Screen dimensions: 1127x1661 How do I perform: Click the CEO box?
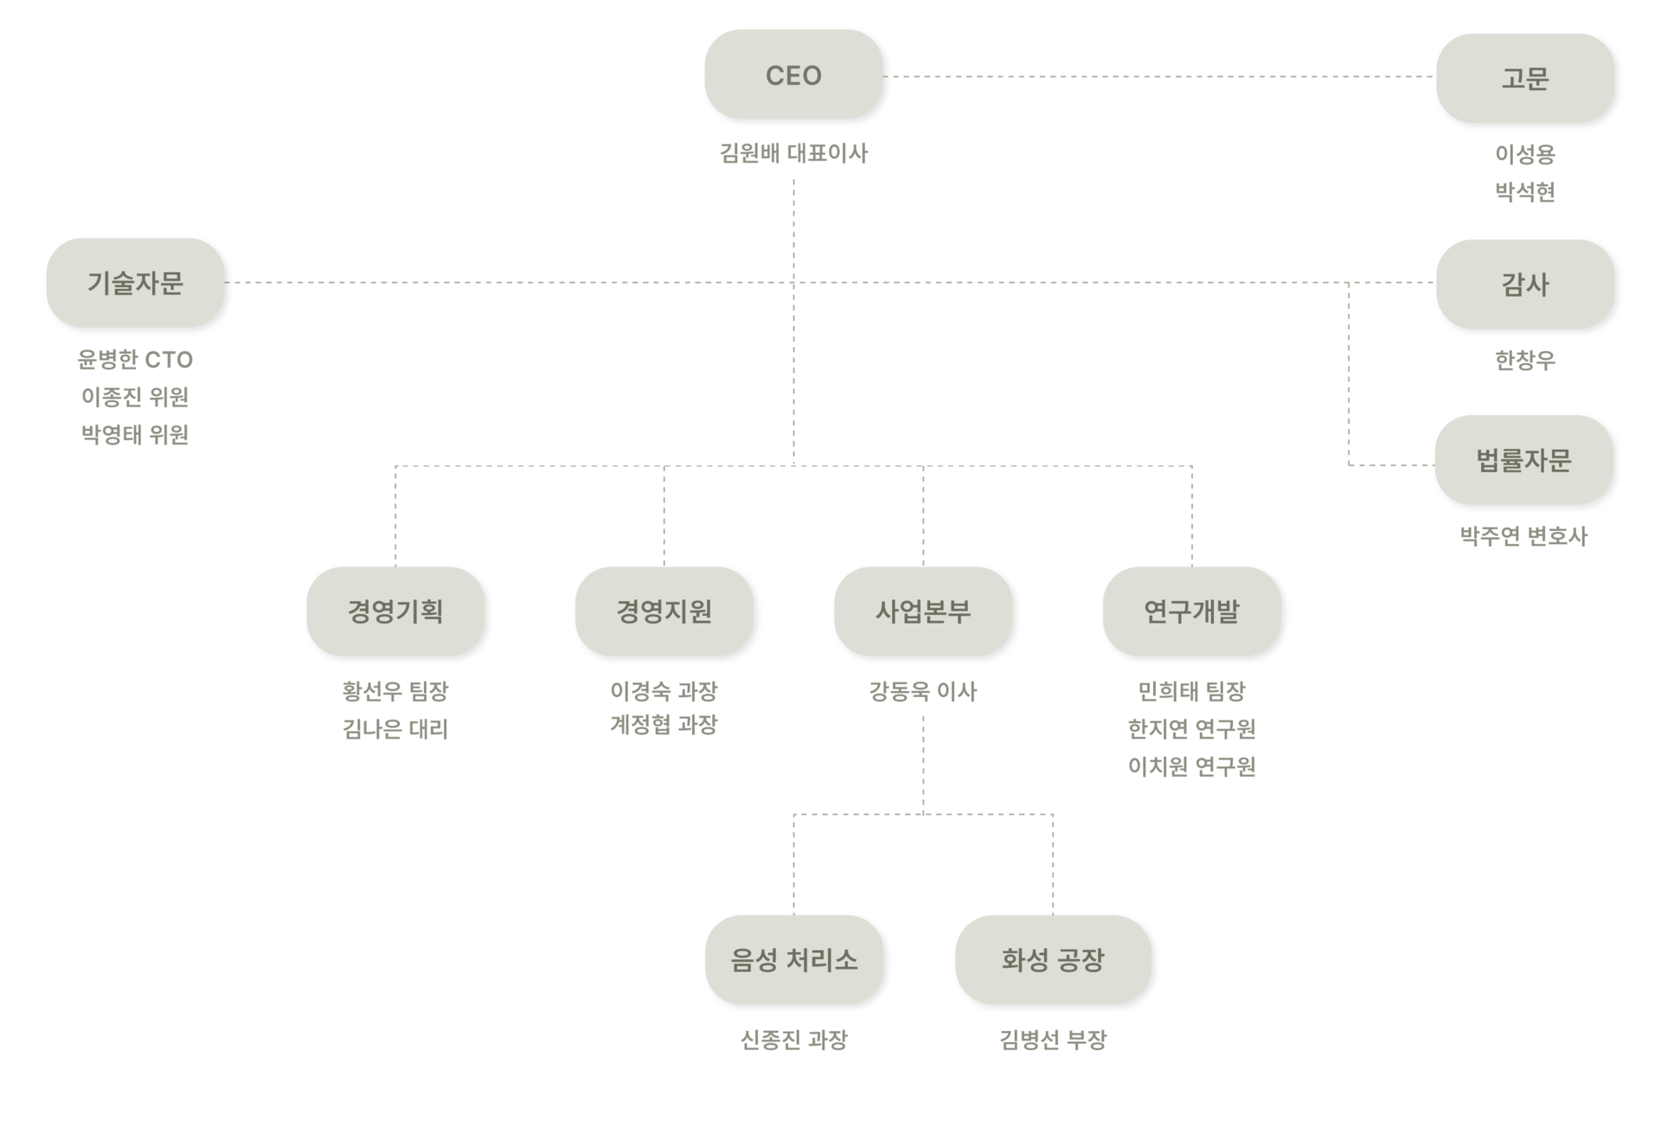793,75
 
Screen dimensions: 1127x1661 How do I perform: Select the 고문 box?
1524,79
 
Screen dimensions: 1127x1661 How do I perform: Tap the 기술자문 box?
135,283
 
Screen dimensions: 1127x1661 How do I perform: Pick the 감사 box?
1524,285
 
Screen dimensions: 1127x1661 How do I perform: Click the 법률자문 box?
1523,460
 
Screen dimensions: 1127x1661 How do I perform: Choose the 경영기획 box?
395,612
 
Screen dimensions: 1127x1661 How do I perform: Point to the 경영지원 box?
664,612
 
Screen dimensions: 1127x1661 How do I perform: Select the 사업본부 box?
923,612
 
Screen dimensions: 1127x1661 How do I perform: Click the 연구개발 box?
1191,612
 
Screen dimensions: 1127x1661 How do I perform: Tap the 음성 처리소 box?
794,959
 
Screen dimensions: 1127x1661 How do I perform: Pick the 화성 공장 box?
1053,959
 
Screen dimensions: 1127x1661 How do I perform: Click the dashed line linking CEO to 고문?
1159,76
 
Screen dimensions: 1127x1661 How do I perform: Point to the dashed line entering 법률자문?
1389,465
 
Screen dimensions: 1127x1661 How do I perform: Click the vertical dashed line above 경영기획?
395,515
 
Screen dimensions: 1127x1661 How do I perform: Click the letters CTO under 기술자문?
165,360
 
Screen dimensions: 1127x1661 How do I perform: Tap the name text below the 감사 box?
1524,360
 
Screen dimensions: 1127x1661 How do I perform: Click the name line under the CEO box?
793,154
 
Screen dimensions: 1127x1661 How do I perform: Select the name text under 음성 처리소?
794,1040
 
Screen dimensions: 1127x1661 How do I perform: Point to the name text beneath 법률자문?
1523,536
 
